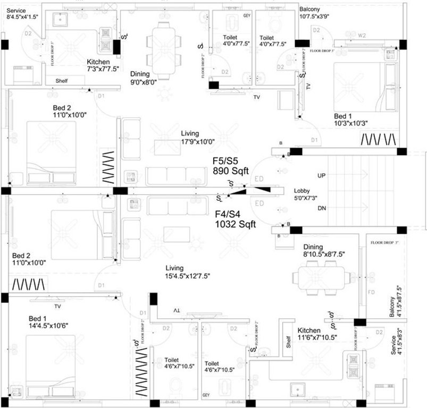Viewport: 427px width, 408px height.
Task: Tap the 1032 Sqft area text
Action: (x=235, y=225)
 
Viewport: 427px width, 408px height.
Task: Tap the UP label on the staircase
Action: (x=322, y=175)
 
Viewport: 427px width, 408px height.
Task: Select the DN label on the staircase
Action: (x=322, y=208)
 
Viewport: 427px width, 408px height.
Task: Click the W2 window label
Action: (x=363, y=36)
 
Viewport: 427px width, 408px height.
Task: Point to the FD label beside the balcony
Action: (x=372, y=293)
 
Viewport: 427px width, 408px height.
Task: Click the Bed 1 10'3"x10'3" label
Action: (x=351, y=120)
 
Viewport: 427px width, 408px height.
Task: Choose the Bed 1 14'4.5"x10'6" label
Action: (x=48, y=322)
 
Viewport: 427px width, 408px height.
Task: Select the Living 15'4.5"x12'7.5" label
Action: (x=188, y=272)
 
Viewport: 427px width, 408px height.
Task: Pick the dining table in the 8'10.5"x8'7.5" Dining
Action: (x=321, y=278)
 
